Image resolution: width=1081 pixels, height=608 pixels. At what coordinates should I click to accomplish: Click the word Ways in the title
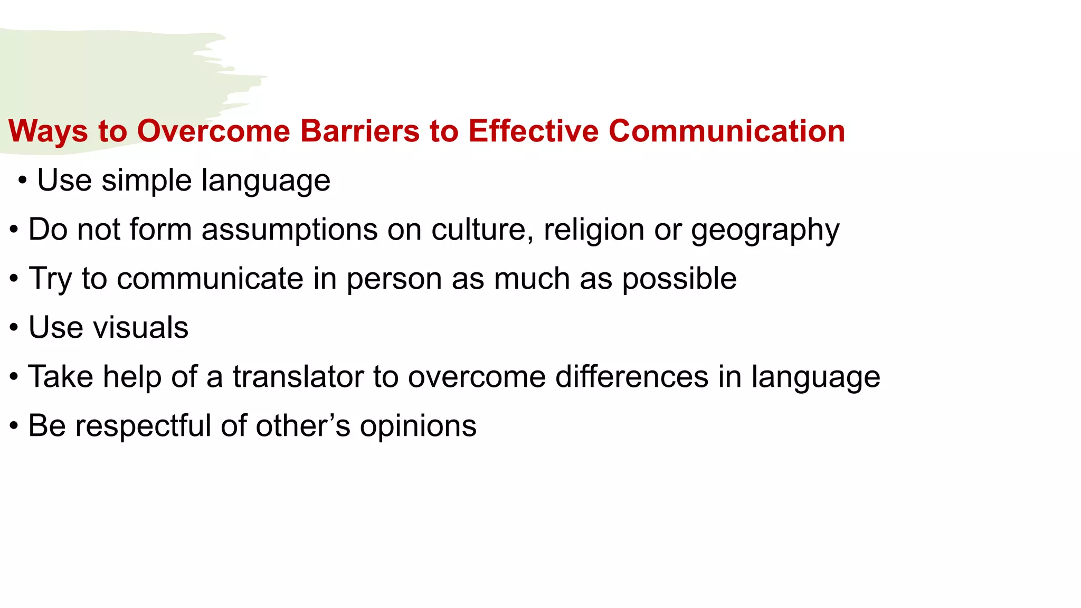pos(48,131)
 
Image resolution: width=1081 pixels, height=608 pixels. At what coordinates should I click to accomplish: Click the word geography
pos(765,231)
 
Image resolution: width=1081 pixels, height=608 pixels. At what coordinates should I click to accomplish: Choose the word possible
pos(679,279)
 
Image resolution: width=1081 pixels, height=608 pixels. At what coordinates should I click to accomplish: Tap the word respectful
pos(143,426)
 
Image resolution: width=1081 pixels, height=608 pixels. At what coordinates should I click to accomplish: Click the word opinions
pos(418,426)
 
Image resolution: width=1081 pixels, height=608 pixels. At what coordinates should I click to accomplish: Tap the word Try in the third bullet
pos(50,279)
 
